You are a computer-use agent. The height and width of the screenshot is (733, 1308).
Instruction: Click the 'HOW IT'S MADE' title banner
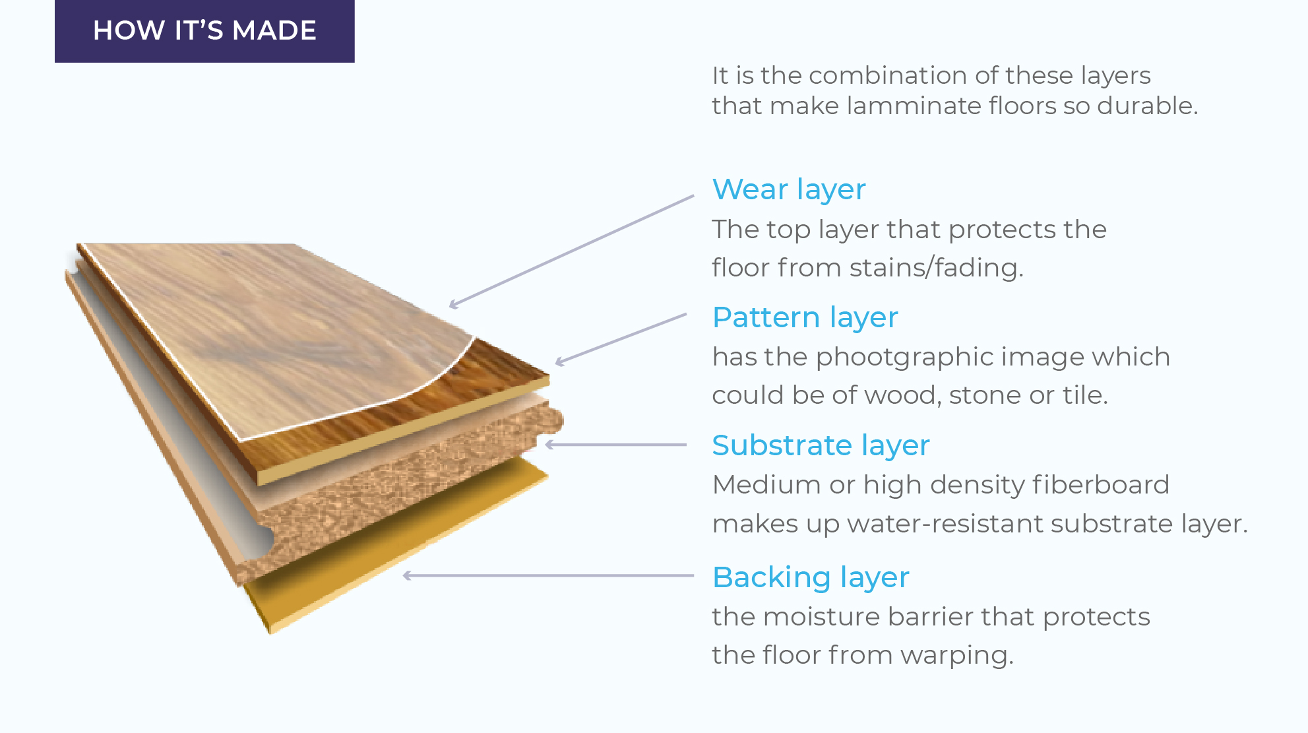pos(204,31)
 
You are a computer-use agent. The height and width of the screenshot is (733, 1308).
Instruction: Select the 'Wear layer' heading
pos(789,190)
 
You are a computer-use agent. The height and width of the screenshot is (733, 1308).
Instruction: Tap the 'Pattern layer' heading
pos(805,318)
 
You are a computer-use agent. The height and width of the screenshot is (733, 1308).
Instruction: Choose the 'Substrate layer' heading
pos(821,446)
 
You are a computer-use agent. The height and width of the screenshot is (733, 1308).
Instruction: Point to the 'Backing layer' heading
pos(811,578)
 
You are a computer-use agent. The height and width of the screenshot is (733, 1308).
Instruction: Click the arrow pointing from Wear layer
pos(571,251)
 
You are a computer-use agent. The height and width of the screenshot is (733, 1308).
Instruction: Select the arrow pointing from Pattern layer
pos(621,338)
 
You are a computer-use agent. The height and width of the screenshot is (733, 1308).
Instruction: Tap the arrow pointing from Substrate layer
pos(616,445)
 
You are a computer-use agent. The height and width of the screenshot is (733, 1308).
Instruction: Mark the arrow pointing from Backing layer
pos(548,576)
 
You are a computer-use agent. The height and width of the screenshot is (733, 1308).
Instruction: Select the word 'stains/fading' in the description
pos(936,268)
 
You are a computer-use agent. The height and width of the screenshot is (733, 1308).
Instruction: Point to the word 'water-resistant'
pos(945,524)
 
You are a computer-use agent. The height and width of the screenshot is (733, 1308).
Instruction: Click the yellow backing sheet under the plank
pos(396,548)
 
